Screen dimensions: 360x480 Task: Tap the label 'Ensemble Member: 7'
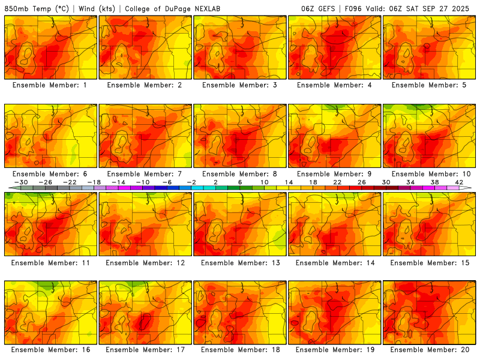(x=145, y=174)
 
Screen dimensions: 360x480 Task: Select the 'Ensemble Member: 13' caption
(x=239, y=262)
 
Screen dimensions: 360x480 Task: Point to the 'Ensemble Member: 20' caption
(x=429, y=350)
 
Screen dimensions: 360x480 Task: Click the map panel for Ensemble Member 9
(x=335, y=136)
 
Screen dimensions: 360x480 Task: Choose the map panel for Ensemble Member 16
(x=50, y=312)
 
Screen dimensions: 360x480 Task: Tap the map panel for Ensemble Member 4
(x=335, y=47)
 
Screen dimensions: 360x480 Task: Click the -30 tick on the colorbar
(x=21, y=182)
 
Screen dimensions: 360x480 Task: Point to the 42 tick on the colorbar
(x=460, y=182)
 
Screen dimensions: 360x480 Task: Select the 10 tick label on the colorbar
(x=265, y=182)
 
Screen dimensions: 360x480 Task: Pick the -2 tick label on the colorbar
(x=191, y=182)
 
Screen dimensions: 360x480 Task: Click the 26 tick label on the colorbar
(x=362, y=182)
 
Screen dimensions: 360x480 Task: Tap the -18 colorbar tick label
(x=94, y=182)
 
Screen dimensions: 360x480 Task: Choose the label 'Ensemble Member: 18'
(x=239, y=350)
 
